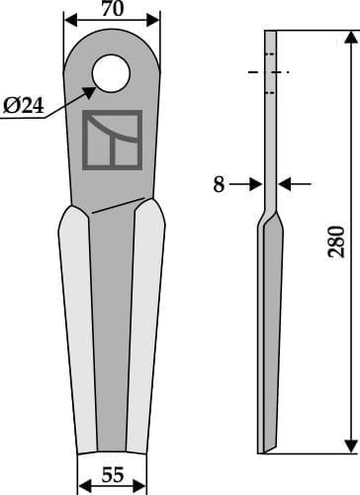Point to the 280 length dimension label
336,241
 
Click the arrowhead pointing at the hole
90,90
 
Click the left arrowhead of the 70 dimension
69,21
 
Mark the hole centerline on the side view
268,72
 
